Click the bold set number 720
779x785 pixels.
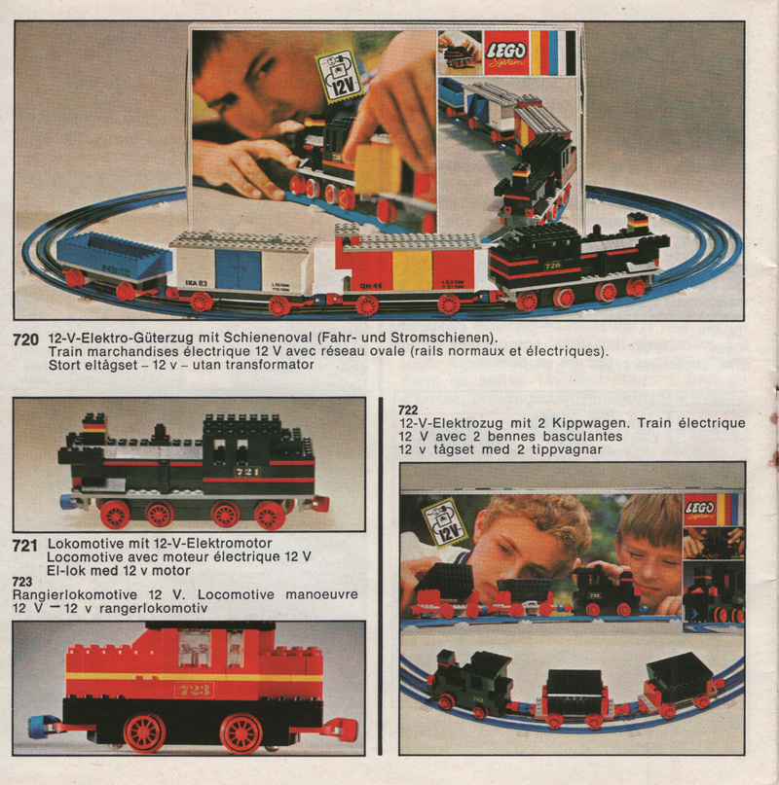25,339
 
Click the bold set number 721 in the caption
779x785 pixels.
24,545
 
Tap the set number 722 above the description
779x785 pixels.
408,410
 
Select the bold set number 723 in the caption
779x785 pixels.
22,582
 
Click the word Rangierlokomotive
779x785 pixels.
75,595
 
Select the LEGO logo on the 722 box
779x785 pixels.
700,510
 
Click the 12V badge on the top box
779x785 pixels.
340,78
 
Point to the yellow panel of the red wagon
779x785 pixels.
412,270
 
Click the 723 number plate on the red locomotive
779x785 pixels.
194,690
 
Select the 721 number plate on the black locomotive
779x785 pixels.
247,472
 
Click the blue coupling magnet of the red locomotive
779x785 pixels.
37,727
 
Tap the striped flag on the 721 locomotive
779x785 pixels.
94,426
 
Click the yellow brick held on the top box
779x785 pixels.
379,169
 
